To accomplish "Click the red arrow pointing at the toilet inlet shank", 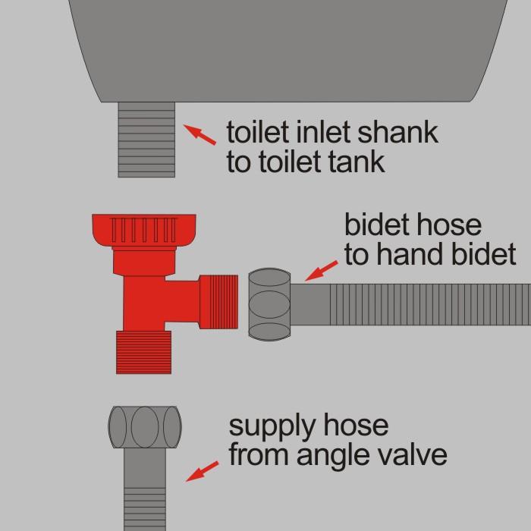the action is click(200, 134).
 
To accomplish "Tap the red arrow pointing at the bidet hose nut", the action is click(322, 271).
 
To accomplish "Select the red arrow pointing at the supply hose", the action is click(203, 471).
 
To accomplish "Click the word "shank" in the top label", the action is click(398, 132).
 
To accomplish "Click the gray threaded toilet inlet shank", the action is click(146, 140).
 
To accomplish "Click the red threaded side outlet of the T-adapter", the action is click(218, 302).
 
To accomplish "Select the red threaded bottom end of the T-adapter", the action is click(143, 352).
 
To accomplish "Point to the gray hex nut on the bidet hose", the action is click(269, 304).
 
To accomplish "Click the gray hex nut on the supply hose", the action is click(145, 427).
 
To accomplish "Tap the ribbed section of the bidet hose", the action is click(430, 304).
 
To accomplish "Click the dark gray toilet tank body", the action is click(287, 51).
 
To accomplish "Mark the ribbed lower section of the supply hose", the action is click(145, 509).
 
